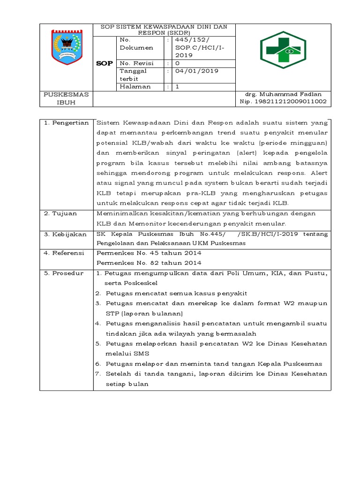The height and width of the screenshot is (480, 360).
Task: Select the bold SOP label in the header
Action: point(104,63)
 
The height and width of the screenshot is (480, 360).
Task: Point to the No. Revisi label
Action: point(135,63)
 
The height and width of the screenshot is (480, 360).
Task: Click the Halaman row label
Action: point(135,87)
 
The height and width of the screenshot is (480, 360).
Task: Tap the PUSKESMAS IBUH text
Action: point(66,98)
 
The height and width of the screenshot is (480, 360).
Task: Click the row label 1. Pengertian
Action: point(66,123)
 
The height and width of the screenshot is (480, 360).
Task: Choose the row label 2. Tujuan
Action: point(60,214)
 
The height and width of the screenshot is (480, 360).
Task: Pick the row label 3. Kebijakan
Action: point(65,234)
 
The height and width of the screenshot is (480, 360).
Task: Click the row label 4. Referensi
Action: point(64,253)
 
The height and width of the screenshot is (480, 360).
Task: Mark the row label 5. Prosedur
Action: point(63,273)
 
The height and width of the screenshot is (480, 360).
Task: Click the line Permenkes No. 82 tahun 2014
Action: point(149,263)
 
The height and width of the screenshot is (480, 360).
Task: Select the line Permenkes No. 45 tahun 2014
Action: point(149,253)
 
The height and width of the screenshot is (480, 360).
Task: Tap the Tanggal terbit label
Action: point(133,75)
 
